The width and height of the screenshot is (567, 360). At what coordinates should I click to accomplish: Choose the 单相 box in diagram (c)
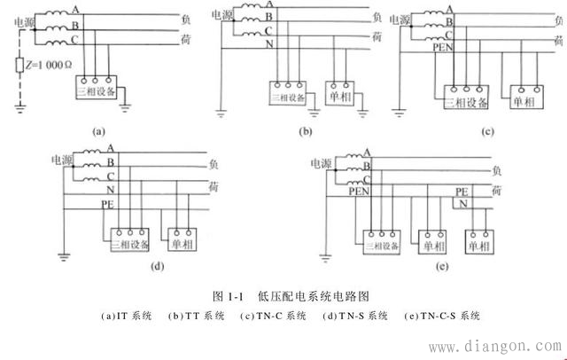click(518, 101)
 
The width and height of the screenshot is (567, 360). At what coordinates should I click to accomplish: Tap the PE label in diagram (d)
click(107, 203)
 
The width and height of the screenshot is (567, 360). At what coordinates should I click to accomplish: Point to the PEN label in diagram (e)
click(357, 190)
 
